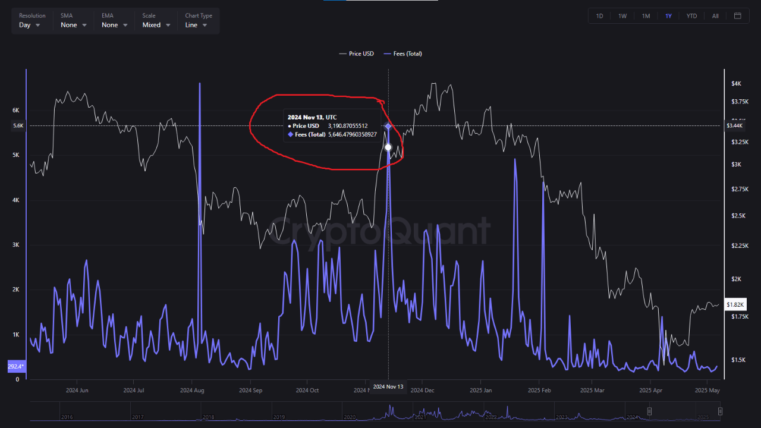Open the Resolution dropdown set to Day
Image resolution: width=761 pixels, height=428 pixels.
[29, 25]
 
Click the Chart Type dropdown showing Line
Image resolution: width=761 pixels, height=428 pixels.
[196, 25]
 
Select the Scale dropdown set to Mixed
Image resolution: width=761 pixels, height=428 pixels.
[156, 25]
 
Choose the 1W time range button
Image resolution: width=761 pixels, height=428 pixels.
[622, 16]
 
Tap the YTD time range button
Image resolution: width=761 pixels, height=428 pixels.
[691, 16]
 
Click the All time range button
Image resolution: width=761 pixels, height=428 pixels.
[715, 16]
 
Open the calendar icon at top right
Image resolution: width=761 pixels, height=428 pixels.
[738, 16]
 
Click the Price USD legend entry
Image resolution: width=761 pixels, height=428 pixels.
[357, 53]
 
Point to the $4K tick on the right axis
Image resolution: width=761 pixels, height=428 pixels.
[736, 84]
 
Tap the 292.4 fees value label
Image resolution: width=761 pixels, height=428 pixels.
[16, 366]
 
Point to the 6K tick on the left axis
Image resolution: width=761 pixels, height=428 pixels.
[16, 111]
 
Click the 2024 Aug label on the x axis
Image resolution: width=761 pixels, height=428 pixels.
[191, 391]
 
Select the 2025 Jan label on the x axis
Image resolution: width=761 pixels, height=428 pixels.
[480, 391]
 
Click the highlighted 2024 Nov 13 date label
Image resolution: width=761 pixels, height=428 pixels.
[388, 387]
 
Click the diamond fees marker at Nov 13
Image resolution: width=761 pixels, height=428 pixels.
[388, 126]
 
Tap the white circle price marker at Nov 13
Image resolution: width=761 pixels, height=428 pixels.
[388, 147]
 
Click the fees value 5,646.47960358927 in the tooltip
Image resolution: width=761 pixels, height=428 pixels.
[352, 135]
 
